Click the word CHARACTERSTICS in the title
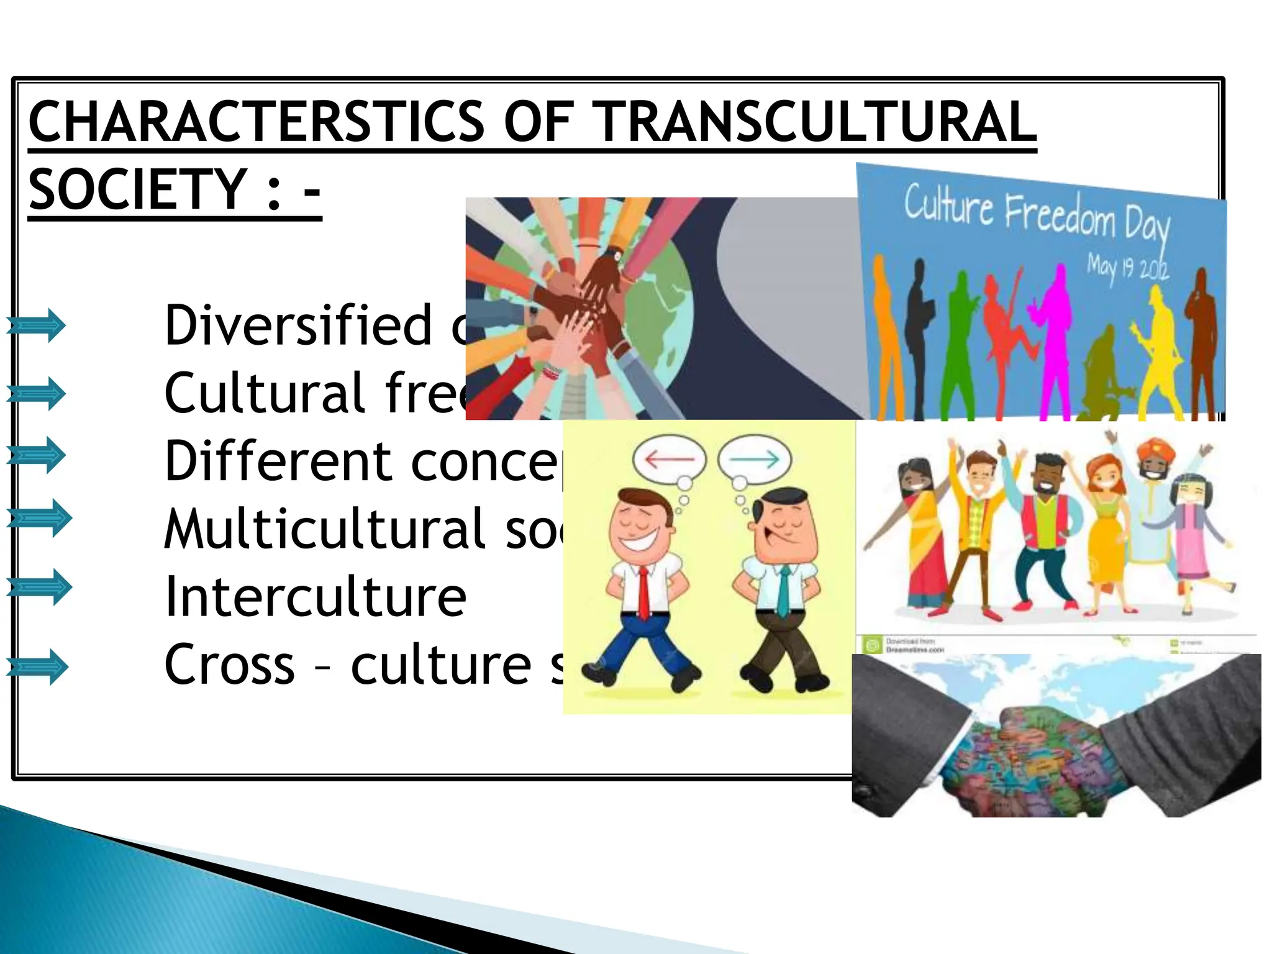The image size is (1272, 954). [256, 122]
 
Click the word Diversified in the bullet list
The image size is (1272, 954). [298, 325]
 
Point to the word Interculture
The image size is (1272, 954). [316, 596]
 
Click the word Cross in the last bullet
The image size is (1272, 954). [230, 665]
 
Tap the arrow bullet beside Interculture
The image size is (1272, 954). [39, 587]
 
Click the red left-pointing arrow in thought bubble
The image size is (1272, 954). [670, 460]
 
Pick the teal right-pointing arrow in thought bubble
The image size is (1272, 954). [754, 460]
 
